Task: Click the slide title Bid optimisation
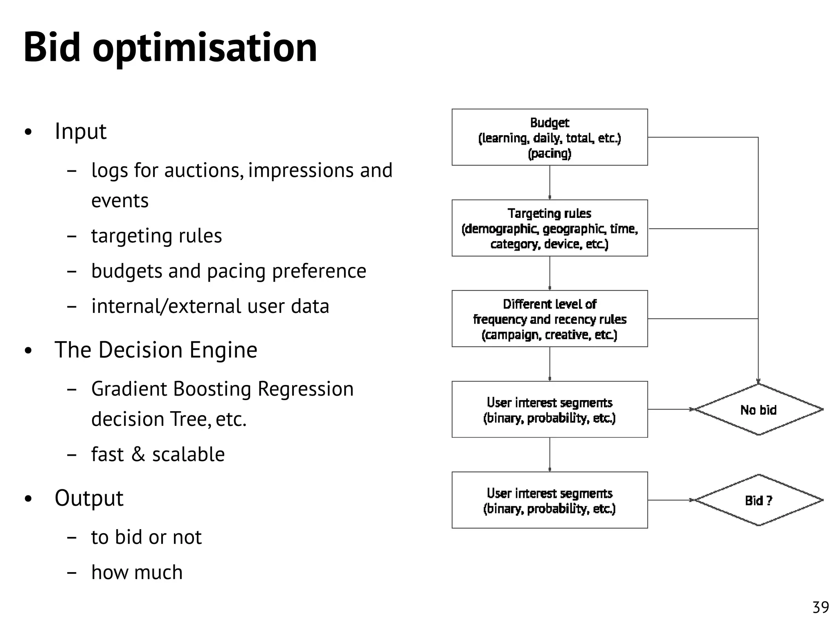170,48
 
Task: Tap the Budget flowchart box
549,137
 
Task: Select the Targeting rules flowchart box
549,228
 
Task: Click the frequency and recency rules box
549,319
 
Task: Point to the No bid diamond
758,410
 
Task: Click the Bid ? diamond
758,500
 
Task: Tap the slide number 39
820,607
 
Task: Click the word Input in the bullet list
81,131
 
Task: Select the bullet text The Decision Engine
156,350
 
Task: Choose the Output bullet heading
89,498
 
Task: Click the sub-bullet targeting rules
156,236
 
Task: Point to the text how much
137,572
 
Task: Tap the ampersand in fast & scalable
138,454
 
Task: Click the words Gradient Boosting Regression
222,389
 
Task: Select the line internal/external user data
210,306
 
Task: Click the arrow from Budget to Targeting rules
550,183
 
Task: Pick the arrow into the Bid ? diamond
671,500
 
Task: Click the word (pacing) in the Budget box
549,154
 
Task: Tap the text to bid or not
146,537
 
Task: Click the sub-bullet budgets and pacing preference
228,271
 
